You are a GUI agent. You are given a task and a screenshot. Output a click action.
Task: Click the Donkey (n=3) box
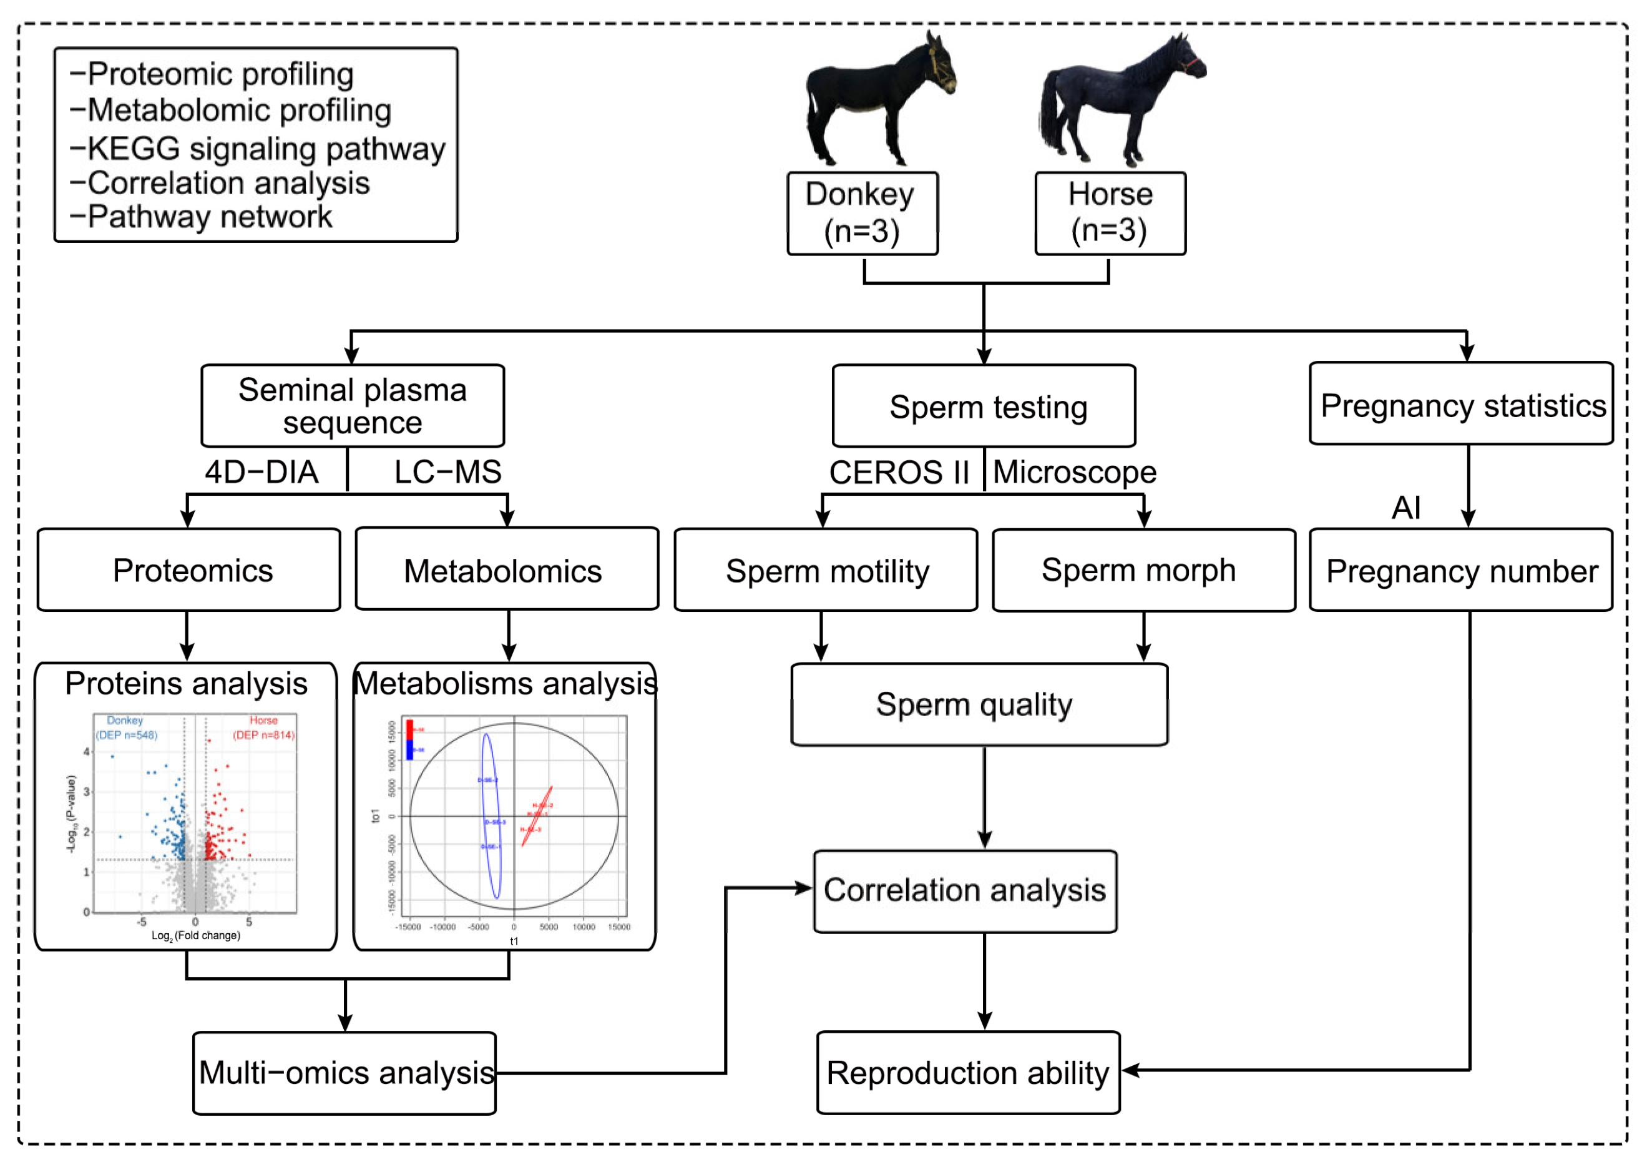tap(861, 213)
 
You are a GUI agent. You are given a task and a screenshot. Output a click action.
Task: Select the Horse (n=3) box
tap(1109, 213)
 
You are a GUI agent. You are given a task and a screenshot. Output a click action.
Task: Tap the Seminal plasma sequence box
tap(352, 405)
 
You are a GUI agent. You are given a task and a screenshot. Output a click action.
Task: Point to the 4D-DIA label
tap(261, 472)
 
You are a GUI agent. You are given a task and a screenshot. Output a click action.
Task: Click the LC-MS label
tap(447, 472)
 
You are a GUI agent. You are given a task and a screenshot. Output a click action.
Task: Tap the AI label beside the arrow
tap(1405, 508)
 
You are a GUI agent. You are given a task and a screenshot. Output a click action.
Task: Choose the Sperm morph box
tap(1143, 570)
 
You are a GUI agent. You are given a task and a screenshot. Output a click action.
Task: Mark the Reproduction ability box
tap(967, 1072)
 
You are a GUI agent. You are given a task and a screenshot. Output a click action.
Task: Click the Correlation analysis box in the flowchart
tap(964, 890)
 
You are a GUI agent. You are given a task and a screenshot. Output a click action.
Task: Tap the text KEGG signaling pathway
tap(266, 149)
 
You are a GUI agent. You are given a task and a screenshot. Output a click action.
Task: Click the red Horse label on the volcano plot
tap(263, 720)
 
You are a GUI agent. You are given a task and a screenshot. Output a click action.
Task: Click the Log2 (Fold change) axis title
tap(195, 935)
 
